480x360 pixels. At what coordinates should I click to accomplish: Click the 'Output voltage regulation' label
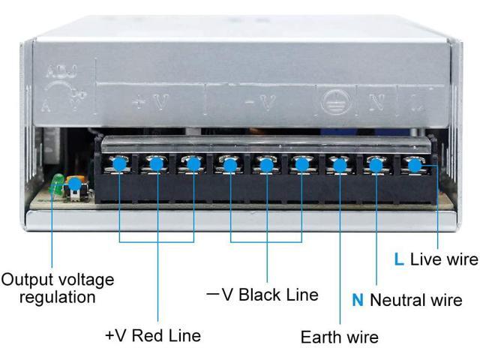tap(58, 288)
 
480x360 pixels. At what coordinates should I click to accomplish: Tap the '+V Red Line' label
tap(153, 335)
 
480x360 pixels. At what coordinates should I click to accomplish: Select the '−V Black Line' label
tap(262, 295)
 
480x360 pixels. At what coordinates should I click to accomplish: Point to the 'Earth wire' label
tap(340, 337)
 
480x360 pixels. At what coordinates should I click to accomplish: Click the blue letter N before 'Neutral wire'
tap(358, 300)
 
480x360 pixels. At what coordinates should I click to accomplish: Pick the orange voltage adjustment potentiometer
tap(73, 184)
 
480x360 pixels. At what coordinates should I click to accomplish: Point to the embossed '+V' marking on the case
tap(148, 102)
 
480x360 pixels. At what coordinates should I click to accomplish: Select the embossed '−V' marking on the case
tap(263, 102)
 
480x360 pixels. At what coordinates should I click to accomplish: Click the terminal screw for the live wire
tap(413, 164)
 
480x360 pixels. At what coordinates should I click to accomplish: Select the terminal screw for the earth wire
tap(339, 164)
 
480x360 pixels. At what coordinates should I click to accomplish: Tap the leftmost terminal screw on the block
tap(119, 163)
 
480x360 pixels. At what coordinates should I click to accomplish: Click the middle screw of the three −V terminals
tap(266, 164)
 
